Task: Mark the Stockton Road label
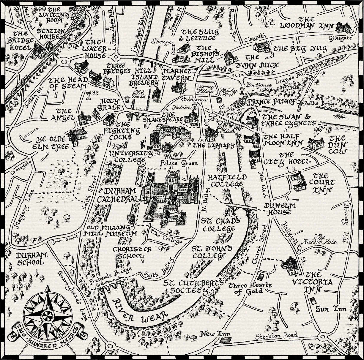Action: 276,336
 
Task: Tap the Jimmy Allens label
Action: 204,89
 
